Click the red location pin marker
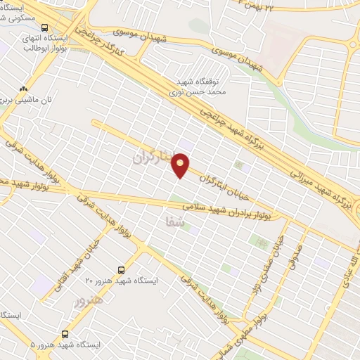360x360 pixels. click(x=181, y=167)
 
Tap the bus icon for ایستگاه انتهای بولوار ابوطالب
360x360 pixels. click(x=45, y=21)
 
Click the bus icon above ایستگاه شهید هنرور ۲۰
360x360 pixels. click(x=122, y=269)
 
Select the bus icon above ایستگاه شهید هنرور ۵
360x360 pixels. click(x=65, y=334)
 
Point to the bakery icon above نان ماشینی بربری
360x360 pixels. click(x=24, y=89)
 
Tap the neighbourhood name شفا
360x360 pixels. click(x=162, y=221)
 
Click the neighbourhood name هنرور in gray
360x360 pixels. click(x=88, y=300)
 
